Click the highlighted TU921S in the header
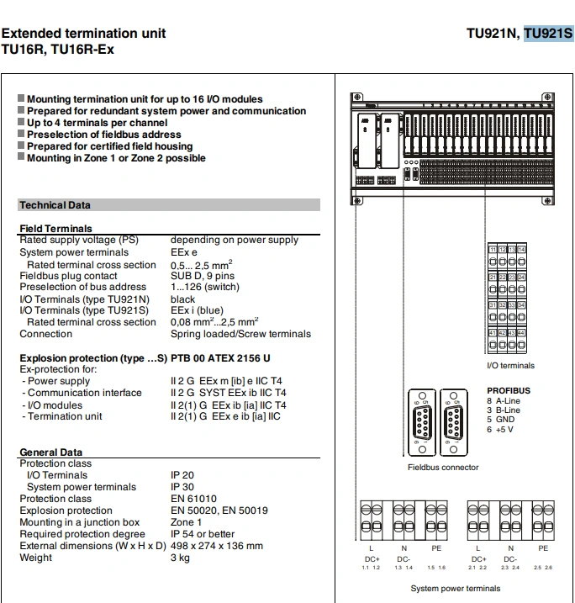click(x=548, y=34)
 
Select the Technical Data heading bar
click(x=168, y=204)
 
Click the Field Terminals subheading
click(x=55, y=229)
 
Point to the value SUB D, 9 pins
click(x=203, y=275)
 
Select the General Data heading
click(x=51, y=452)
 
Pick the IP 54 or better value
click(x=203, y=534)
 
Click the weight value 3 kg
click(x=181, y=558)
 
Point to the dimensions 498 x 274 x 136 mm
click(x=217, y=546)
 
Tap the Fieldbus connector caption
click(x=443, y=468)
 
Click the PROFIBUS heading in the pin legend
click(x=509, y=391)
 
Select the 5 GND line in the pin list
click(x=501, y=420)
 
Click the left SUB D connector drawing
click(x=419, y=425)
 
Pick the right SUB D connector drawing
click(x=455, y=425)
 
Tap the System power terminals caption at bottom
click(x=455, y=589)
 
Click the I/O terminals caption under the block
click(x=510, y=366)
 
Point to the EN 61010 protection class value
click(x=193, y=499)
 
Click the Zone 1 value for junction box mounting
click(x=187, y=522)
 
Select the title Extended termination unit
click(x=84, y=34)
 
